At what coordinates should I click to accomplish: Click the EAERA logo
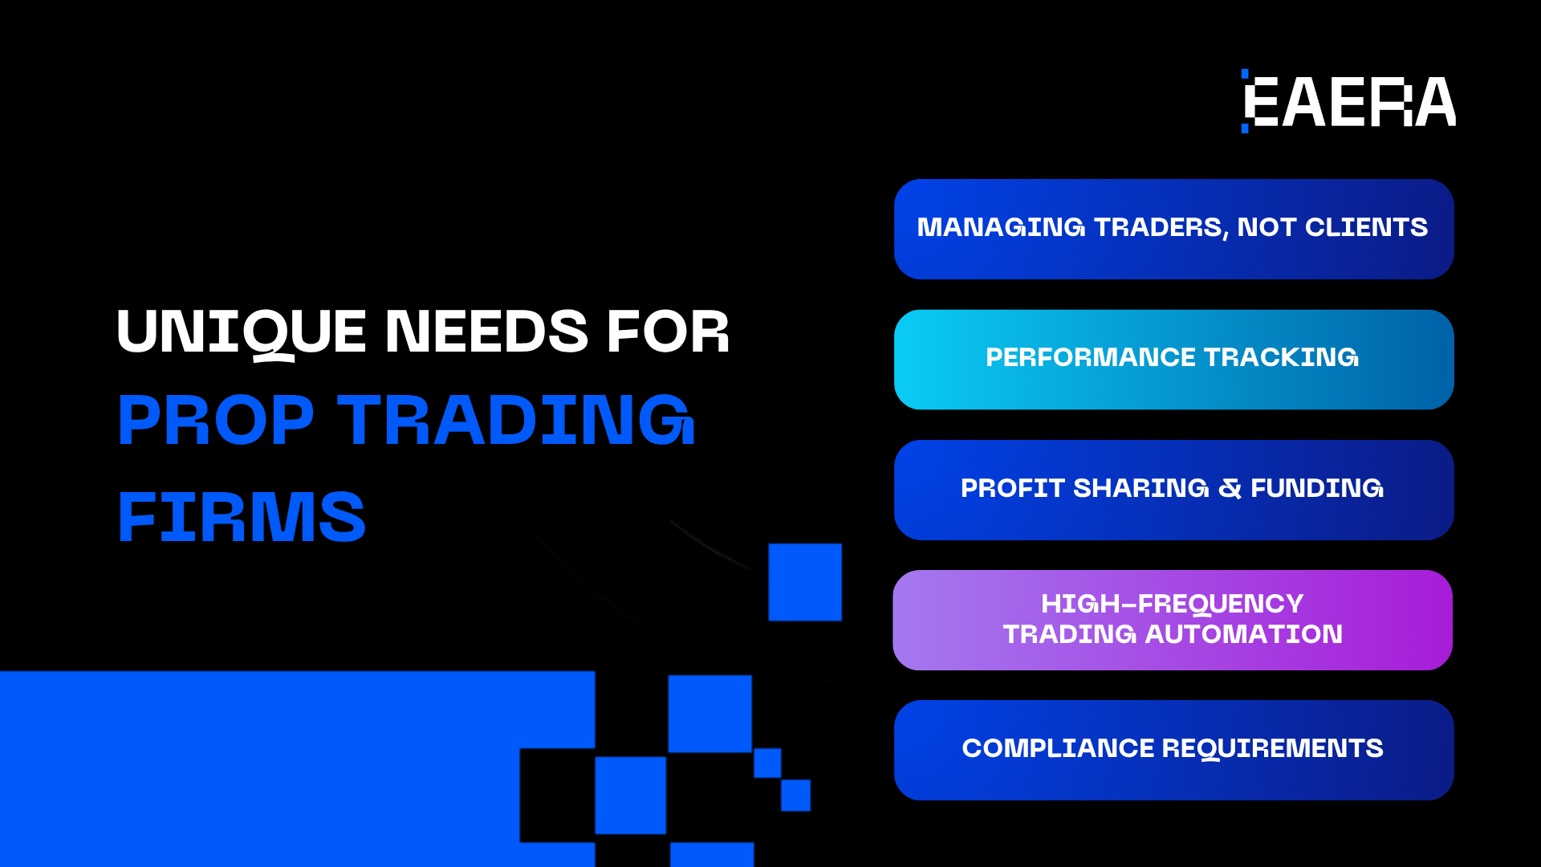tap(1348, 101)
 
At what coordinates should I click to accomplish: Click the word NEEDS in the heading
tap(487, 331)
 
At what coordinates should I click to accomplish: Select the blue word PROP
tap(216, 420)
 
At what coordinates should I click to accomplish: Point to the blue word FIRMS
tap(242, 516)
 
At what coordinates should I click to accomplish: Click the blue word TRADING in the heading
tap(516, 420)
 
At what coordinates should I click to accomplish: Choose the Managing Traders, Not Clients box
tap(1173, 229)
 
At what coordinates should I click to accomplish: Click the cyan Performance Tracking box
tap(1173, 360)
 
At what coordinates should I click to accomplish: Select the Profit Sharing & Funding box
tap(1173, 490)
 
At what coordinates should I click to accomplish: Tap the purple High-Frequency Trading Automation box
tap(1173, 620)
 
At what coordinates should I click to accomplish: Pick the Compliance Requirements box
tap(1173, 750)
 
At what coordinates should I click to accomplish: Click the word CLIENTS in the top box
tap(1367, 227)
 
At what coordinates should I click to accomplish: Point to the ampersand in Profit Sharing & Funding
tap(1230, 488)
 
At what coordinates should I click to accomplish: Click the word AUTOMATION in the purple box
tap(1244, 634)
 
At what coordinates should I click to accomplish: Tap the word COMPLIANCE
tap(1058, 748)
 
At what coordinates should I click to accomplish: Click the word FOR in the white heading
tap(668, 331)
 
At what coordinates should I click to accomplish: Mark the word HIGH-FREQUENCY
tap(1173, 604)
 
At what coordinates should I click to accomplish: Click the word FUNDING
tap(1317, 488)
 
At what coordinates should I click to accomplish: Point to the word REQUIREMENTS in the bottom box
tap(1273, 748)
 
